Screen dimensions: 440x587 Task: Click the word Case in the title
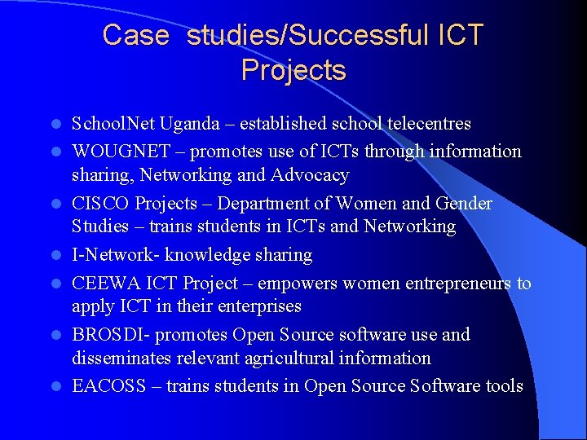[135, 35]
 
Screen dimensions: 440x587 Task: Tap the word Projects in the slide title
[293, 70]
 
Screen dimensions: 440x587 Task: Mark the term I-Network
[113, 255]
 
